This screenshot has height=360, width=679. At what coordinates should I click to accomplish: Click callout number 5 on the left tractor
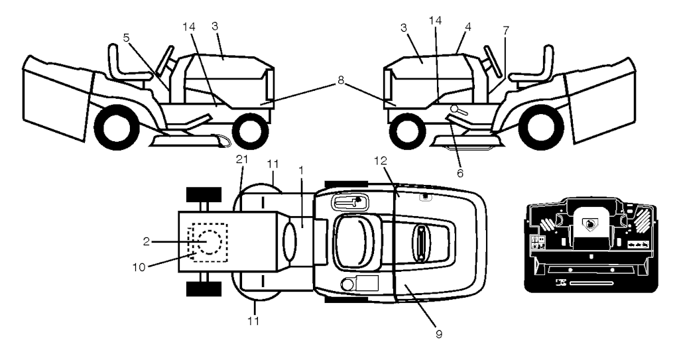[x=126, y=38]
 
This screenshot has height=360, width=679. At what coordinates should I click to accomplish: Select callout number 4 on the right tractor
[x=467, y=27]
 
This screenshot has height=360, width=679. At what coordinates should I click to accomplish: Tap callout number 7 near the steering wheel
[x=506, y=30]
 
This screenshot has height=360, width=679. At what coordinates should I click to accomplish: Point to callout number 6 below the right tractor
[x=460, y=173]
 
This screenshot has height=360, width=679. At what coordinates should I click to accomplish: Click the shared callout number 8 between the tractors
[x=341, y=81]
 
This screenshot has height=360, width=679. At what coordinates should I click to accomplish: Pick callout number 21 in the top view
[x=241, y=159]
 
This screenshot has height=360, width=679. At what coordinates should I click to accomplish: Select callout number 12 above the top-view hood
[x=380, y=160]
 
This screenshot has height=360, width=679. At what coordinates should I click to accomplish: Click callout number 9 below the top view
[x=439, y=334]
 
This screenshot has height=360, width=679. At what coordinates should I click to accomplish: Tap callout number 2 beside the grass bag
[x=147, y=242]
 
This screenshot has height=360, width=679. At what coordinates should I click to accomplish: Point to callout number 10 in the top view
[x=139, y=267]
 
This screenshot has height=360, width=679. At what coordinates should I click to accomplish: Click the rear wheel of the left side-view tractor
[x=115, y=126]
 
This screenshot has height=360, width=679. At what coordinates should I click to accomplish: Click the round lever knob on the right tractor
[x=454, y=108]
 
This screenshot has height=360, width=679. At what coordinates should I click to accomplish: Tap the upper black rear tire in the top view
[x=204, y=194]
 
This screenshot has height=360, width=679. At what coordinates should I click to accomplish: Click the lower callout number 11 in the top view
[x=254, y=321]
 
